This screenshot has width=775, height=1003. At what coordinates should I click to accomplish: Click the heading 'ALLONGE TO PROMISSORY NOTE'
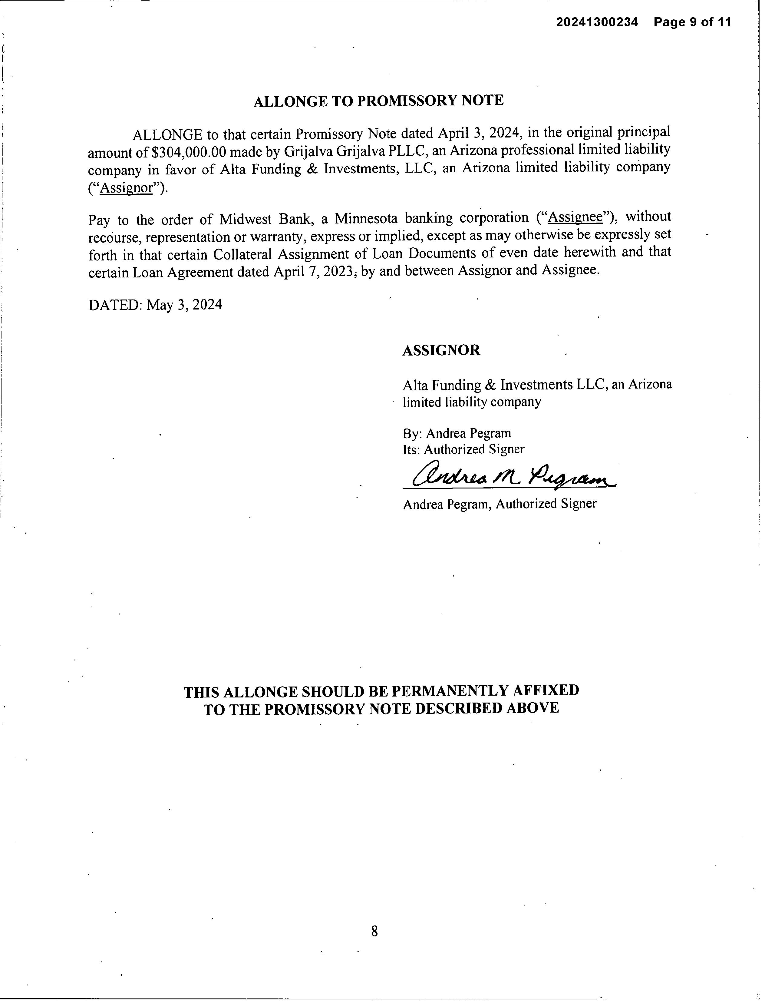(378, 101)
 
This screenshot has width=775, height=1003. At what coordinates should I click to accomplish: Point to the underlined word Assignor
(126, 188)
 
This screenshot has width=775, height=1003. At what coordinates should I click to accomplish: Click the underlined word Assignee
(575, 217)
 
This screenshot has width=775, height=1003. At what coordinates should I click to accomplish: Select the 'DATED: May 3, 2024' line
(155, 304)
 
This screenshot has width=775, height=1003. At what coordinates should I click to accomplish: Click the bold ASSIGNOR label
(441, 350)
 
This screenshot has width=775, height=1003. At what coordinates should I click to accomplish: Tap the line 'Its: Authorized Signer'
(463, 449)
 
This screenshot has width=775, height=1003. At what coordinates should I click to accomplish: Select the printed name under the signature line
(500, 504)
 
